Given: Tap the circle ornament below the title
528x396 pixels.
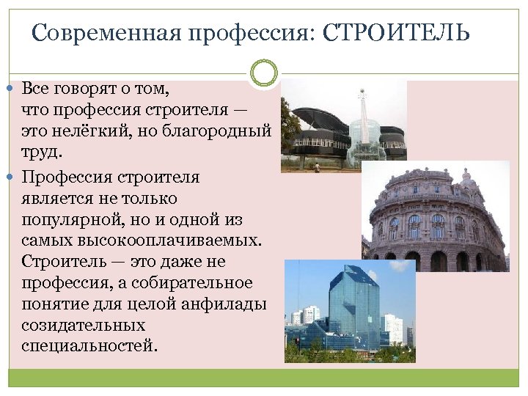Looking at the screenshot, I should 264,73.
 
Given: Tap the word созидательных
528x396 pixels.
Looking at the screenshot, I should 84,325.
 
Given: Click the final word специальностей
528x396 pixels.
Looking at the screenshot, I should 89,345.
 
